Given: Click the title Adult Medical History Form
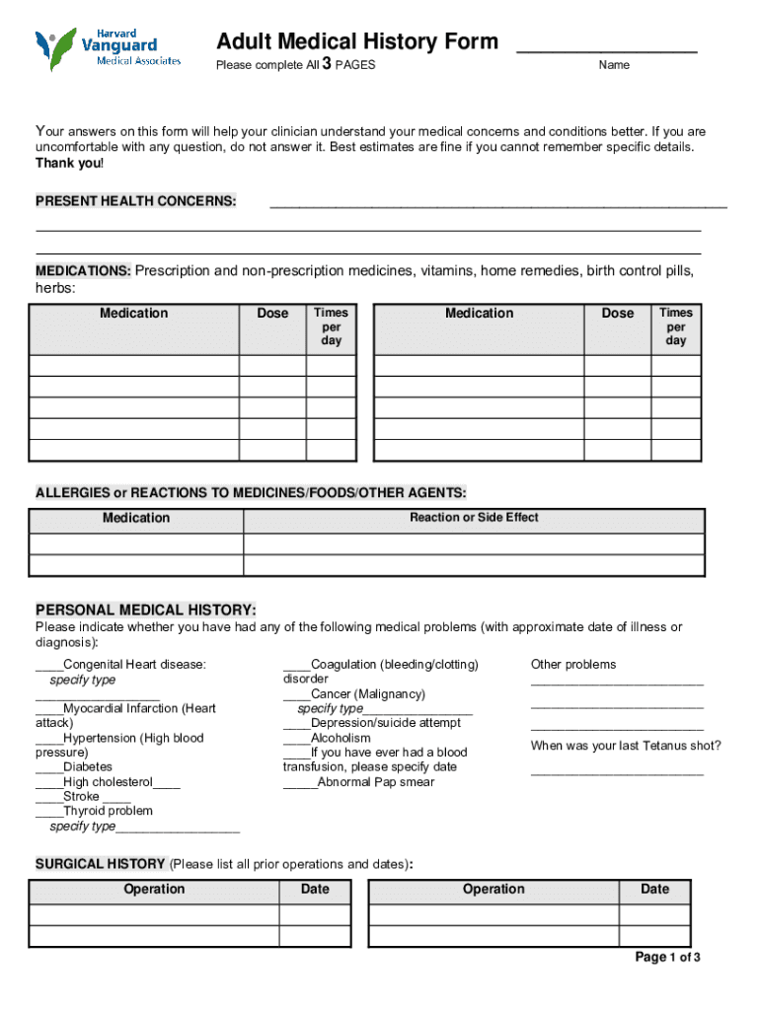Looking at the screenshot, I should pyautogui.click(x=357, y=41).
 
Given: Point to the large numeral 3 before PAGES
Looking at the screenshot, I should pyautogui.click(x=326, y=65).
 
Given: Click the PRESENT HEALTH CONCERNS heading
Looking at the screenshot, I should pyautogui.click(x=136, y=201).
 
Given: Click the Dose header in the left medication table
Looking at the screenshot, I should pyautogui.click(x=272, y=314).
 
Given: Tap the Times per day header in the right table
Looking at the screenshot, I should pyautogui.click(x=676, y=326).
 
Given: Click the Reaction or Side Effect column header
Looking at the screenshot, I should pyautogui.click(x=474, y=518).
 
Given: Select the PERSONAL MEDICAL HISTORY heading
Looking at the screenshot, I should pyautogui.click(x=146, y=610).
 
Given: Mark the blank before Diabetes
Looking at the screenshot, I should pyautogui.click(x=48, y=767).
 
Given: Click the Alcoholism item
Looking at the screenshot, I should pyautogui.click(x=341, y=738).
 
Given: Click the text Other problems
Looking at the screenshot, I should pyautogui.click(x=573, y=665).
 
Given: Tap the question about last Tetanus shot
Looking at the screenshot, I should pyautogui.click(x=626, y=746).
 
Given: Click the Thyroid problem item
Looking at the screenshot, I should pyautogui.click(x=108, y=811).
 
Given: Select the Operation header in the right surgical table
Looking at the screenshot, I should pyautogui.click(x=494, y=890).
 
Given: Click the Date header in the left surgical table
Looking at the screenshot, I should pyautogui.click(x=315, y=890).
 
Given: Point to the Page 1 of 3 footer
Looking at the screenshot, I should pyautogui.click(x=668, y=958).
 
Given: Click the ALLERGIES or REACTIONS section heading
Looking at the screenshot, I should pyautogui.click(x=251, y=492).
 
